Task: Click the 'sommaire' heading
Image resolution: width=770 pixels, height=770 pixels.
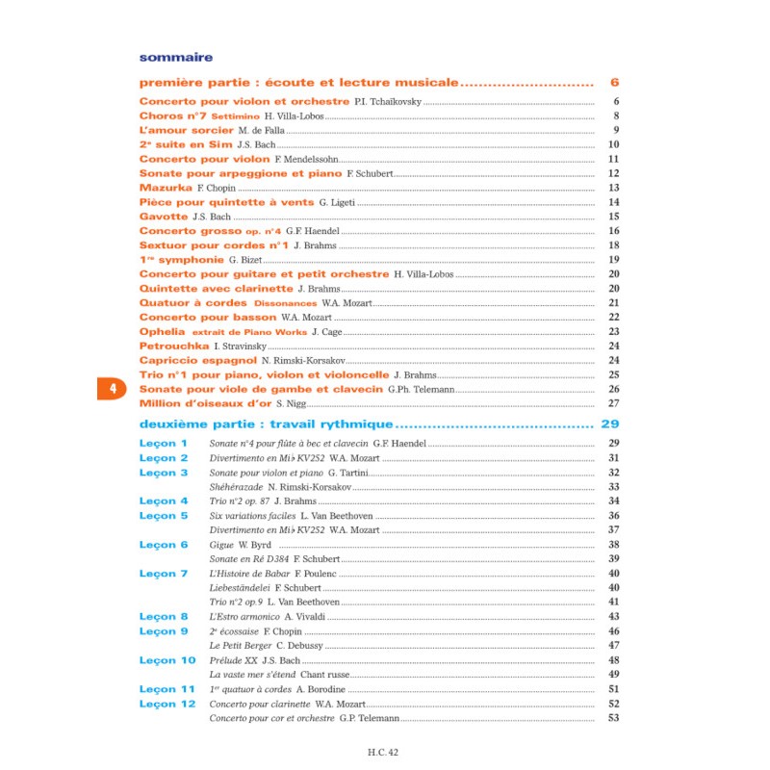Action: click(x=176, y=57)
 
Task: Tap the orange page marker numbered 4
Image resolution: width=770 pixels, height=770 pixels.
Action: click(x=113, y=389)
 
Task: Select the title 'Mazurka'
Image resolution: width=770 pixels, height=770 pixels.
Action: click(x=166, y=188)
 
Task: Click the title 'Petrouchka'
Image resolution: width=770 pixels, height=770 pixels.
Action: click(x=174, y=346)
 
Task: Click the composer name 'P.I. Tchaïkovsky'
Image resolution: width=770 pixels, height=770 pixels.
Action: click(x=388, y=102)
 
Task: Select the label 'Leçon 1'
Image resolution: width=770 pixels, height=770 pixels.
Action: click(x=164, y=444)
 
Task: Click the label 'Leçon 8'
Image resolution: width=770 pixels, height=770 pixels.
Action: click(x=164, y=617)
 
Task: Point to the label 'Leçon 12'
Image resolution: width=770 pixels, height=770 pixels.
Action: click(x=167, y=705)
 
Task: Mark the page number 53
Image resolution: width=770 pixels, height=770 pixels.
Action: click(x=613, y=718)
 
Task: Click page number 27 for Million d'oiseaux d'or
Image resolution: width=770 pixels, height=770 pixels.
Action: click(x=613, y=403)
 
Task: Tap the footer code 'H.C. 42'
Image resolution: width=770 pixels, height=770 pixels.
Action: click(x=383, y=754)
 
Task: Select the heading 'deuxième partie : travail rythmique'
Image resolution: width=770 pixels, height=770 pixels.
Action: click(x=266, y=424)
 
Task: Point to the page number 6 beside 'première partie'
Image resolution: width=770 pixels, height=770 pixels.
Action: click(x=614, y=83)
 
